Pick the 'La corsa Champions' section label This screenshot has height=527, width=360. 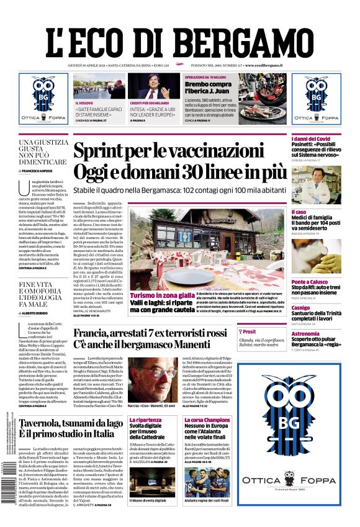coord(207,420)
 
